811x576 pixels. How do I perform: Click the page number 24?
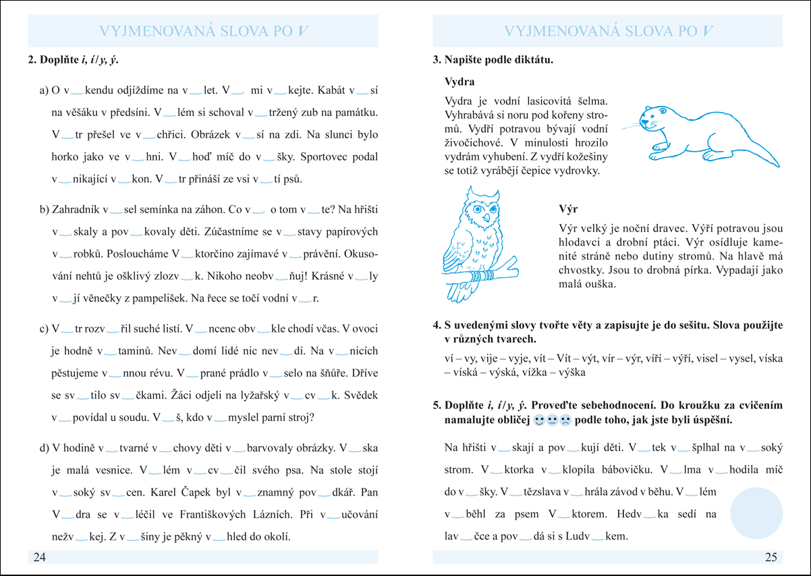(x=38, y=557)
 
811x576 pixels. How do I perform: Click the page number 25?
(x=771, y=557)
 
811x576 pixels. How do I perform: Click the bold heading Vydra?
(x=459, y=82)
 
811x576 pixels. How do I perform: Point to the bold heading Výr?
(x=569, y=209)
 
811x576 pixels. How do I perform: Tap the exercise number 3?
(x=437, y=60)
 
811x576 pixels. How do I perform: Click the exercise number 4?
(x=437, y=325)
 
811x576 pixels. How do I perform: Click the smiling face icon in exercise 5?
(x=538, y=420)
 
